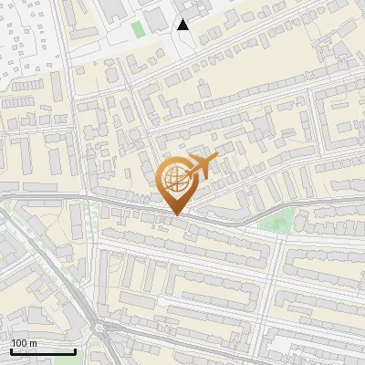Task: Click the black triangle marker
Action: tap(183, 24)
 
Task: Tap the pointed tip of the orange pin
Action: tap(175, 215)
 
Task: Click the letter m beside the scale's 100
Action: tap(33, 343)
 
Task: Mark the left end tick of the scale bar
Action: tap(11, 350)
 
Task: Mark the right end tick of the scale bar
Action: tap(75, 350)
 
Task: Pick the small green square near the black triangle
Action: tap(138, 28)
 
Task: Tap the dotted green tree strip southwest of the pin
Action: tap(92, 219)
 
